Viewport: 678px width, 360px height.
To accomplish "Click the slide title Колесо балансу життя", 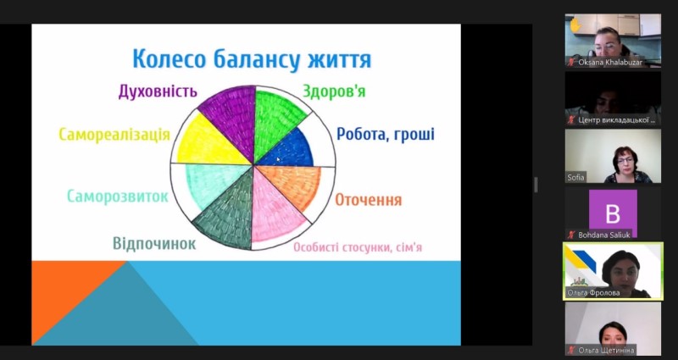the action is coord(252,59).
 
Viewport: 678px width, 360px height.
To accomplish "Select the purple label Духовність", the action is coord(158,91).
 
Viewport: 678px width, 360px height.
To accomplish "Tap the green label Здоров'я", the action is coord(334,91).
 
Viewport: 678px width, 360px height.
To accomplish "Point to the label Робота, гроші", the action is coord(386,134).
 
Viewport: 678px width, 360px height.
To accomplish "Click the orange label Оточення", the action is coord(369,200).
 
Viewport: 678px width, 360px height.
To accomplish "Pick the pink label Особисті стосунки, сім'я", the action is coord(358,247).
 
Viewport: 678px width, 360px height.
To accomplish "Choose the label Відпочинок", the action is coord(154,243).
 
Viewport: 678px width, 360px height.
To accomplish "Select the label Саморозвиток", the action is coord(118,197).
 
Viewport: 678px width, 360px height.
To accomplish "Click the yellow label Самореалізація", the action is coord(114,135).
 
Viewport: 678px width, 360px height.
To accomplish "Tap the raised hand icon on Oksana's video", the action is coord(575,25).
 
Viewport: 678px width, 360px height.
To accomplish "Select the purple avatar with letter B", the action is coord(613,213).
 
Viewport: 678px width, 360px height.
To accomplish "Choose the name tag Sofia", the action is coord(575,177).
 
